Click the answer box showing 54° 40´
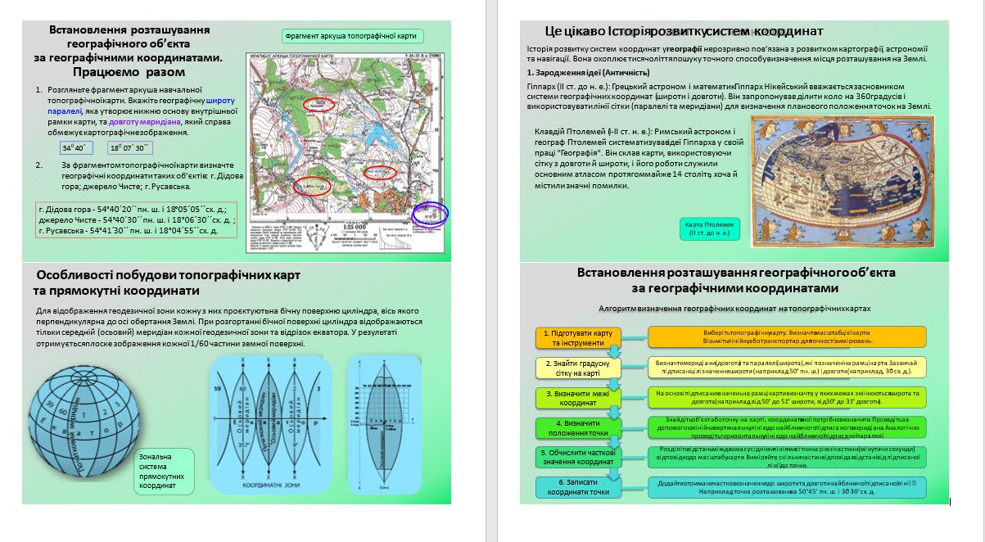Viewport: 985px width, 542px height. click(x=77, y=148)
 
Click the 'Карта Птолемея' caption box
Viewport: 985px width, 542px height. click(x=710, y=228)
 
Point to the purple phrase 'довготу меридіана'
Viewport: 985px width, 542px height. click(x=145, y=121)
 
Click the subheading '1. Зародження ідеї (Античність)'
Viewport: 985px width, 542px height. click(x=587, y=73)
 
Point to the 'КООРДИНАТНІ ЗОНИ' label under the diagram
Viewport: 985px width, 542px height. click(x=273, y=485)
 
